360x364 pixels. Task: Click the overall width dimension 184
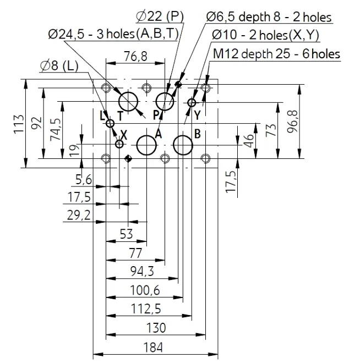(153, 348)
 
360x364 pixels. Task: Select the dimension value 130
(156, 328)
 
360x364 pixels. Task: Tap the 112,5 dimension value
(146, 309)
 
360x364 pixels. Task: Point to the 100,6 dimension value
(145, 290)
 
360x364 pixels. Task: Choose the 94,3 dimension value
(142, 271)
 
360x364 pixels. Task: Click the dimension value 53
(126, 234)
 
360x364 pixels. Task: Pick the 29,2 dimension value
(79, 215)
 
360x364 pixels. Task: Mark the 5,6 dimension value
(84, 180)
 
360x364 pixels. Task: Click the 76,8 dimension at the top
(135, 56)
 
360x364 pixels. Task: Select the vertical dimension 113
(19, 124)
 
